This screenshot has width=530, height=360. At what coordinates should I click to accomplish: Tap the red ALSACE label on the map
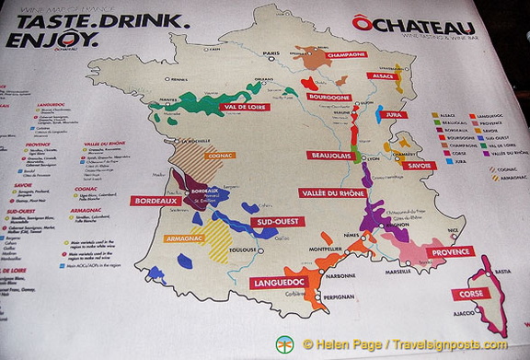pos(381,75)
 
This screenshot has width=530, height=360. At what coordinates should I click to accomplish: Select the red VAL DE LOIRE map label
pos(246,108)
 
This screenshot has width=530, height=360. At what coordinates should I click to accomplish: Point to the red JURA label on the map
pos(396,115)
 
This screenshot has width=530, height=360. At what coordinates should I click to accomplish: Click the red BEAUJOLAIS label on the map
pos(330,156)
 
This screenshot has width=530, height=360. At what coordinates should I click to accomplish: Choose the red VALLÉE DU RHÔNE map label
pos(332,193)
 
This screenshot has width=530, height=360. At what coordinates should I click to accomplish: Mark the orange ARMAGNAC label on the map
pos(184,238)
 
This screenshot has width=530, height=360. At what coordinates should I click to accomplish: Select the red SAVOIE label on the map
pos(419,166)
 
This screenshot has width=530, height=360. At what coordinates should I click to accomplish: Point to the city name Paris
pos(271,53)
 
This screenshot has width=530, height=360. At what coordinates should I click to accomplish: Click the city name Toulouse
pos(244,250)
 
